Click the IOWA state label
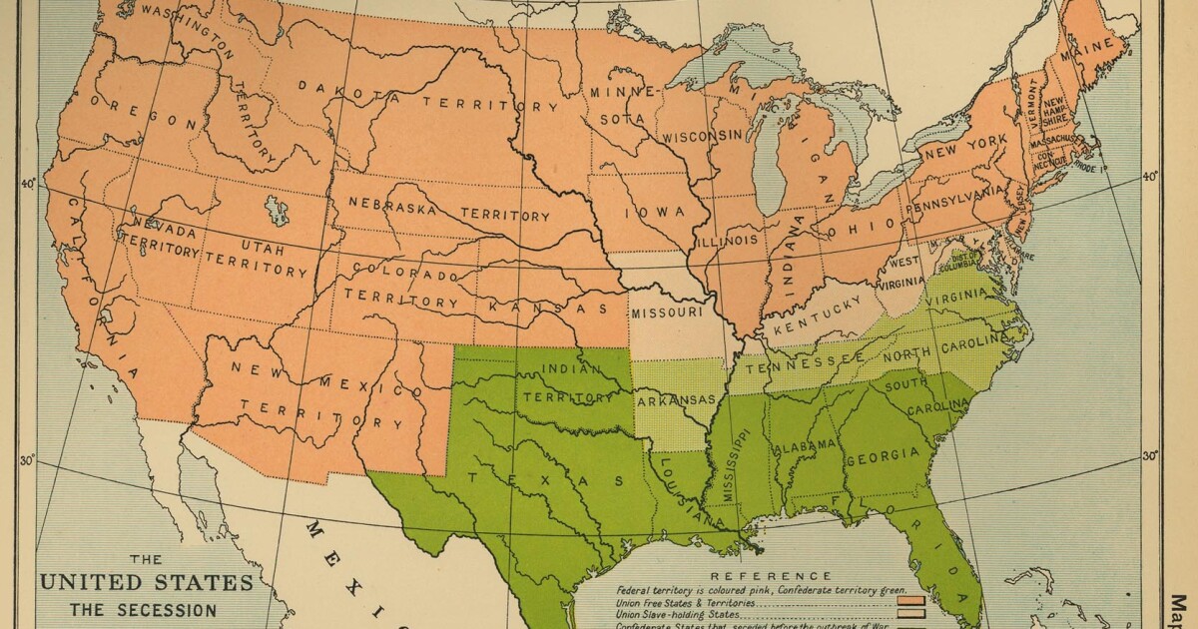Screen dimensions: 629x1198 coord(654,213)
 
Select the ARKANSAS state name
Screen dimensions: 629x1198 coord(676,400)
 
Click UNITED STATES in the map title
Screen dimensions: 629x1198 coord(146,582)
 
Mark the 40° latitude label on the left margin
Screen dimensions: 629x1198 coord(28,183)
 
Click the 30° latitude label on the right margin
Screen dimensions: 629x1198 coord(1150,455)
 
